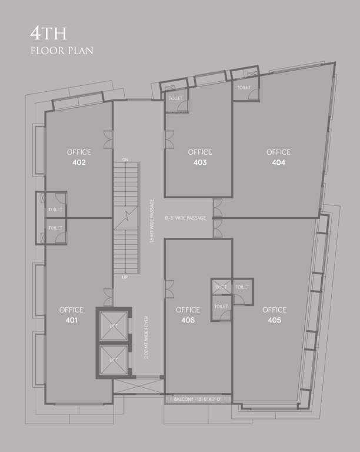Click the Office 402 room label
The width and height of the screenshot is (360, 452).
(79, 157)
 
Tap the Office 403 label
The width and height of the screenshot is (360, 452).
(200, 157)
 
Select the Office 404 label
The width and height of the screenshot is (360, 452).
(278, 157)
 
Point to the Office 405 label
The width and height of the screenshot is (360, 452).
(274, 315)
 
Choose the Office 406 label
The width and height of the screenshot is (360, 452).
(188, 315)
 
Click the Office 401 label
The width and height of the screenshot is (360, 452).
(71, 315)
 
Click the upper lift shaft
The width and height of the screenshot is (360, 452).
(114, 325)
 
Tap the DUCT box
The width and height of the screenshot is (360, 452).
(221, 287)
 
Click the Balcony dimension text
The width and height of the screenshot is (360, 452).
(198, 400)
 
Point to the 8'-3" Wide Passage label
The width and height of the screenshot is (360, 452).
(185, 218)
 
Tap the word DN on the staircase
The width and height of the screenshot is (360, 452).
(125, 159)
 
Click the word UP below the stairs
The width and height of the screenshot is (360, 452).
(125, 277)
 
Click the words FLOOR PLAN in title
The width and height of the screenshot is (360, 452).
(62, 51)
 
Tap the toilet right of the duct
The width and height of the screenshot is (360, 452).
(242, 287)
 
